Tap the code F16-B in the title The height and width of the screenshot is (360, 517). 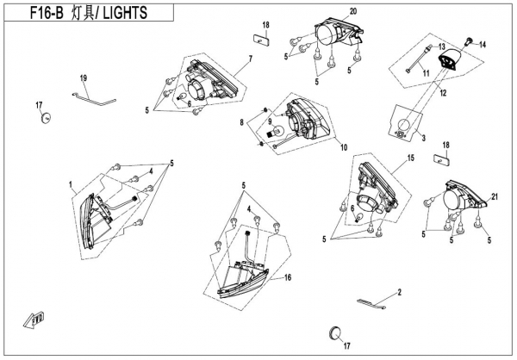click(30, 13)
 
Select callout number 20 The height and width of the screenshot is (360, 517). click(352, 11)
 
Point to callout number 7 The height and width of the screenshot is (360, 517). click(249, 59)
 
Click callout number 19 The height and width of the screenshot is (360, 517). click(84, 78)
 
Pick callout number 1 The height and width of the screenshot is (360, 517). click(72, 183)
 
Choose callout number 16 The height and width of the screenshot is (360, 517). click(288, 277)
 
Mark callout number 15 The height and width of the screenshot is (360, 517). click(411, 158)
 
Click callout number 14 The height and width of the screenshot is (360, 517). click(483, 43)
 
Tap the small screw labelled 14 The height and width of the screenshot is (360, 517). click(469, 40)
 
